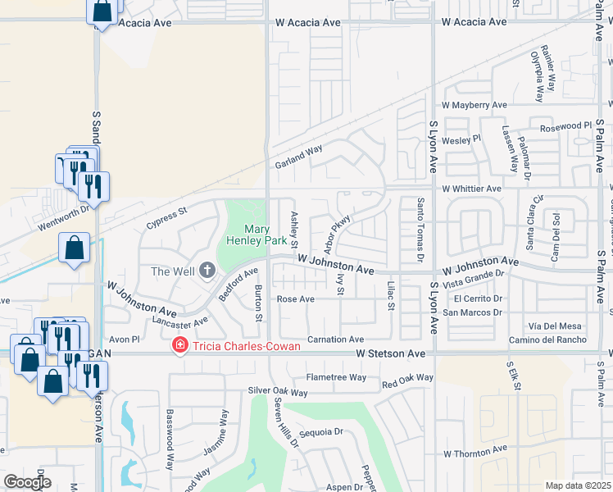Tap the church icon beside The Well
pyautogui.click(x=207, y=269)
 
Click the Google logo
pyautogui.click(x=27, y=482)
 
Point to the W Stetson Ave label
pyautogui.click(x=391, y=353)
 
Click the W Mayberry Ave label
pyautogui.click(x=475, y=106)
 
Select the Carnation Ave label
pyautogui.click(x=335, y=339)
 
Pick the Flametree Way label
pyautogui.click(x=336, y=377)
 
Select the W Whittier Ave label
pyautogui.click(x=471, y=189)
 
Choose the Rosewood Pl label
pyautogui.click(x=565, y=126)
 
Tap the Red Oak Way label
pyautogui.click(x=407, y=381)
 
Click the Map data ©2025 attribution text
pyautogui.click(x=578, y=485)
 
